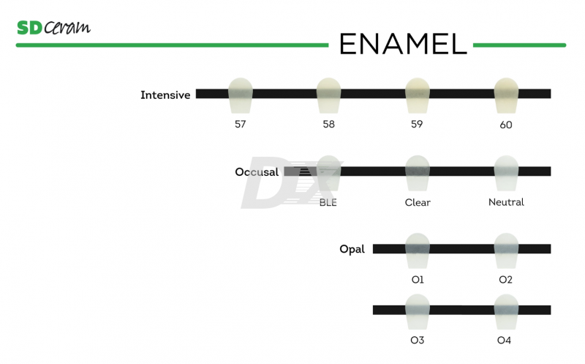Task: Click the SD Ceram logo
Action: pyautogui.click(x=53, y=28)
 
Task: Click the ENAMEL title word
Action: pyautogui.click(x=402, y=45)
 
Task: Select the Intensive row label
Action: pyautogui.click(x=165, y=95)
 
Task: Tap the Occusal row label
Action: pyautogui.click(x=257, y=172)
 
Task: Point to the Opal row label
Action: pyautogui.click(x=352, y=250)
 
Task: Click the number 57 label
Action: pyautogui.click(x=240, y=125)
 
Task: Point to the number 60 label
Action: pyautogui.click(x=506, y=125)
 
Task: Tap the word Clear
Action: pyautogui.click(x=418, y=203)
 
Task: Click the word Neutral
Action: pyautogui.click(x=506, y=202)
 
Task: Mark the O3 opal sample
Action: pyautogui.click(x=418, y=311)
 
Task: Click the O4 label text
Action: pyautogui.click(x=505, y=341)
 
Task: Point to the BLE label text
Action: pyautogui.click(x=328, y=203)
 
